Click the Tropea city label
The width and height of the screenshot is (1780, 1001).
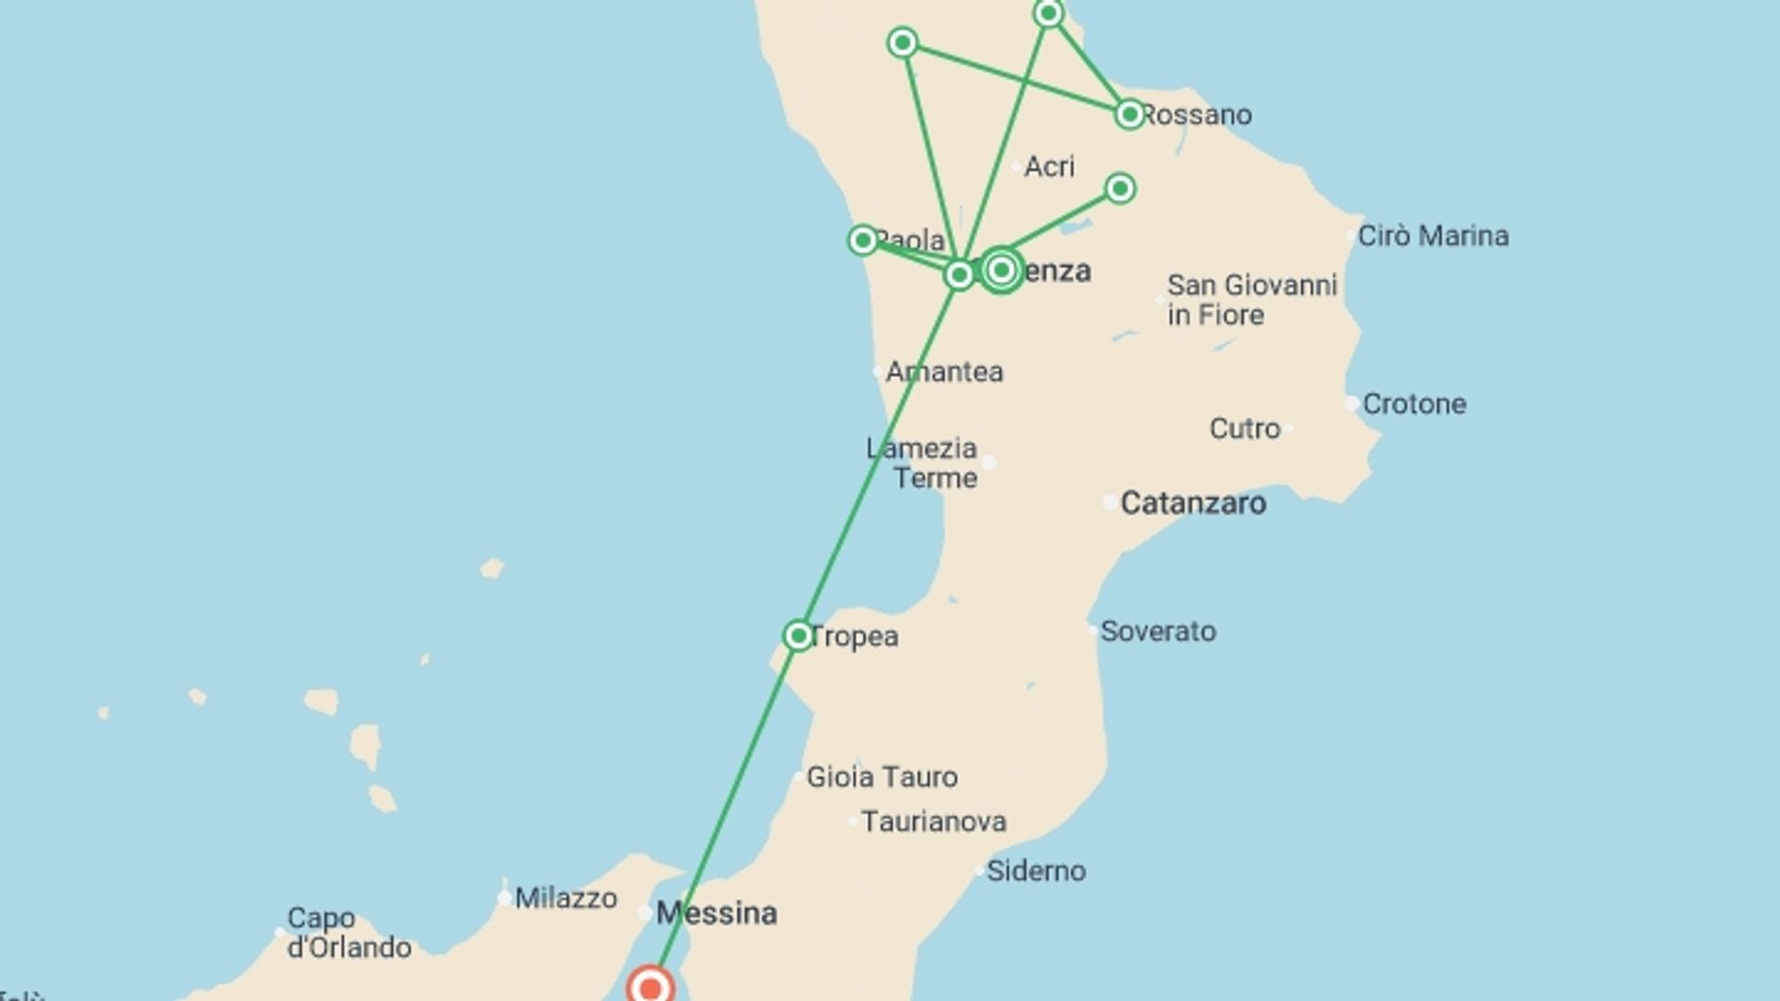[854, 637]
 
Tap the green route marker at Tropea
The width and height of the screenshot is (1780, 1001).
[798, 636]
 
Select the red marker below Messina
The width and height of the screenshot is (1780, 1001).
[650, 986]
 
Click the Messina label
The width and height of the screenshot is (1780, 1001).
[717, 914]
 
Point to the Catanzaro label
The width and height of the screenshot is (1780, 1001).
[1193, 503]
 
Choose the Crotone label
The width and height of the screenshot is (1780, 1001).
[1414, 404]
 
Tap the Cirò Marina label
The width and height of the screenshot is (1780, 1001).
[1433, 236]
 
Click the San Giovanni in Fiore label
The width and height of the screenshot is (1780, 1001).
[1252, 299]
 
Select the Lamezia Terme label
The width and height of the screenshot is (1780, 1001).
[922, 463]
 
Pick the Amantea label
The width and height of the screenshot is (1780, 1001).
[945, 372]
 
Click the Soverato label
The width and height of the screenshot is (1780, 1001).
[1158, 631]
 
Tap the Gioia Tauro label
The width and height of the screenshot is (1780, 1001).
[882, 777]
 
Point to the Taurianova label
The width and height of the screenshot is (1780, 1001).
[934, 821]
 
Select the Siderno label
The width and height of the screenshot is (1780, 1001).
[1036, 870]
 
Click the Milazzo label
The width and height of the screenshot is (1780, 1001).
[566, 898]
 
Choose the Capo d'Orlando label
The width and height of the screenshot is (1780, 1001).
[349, 932]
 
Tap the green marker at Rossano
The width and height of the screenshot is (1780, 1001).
[1129, 114]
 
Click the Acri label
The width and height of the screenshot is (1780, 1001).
[1049, 167]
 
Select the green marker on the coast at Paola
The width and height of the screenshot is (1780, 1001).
[863, 240]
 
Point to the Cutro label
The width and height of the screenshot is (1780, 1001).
[1244, 428]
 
